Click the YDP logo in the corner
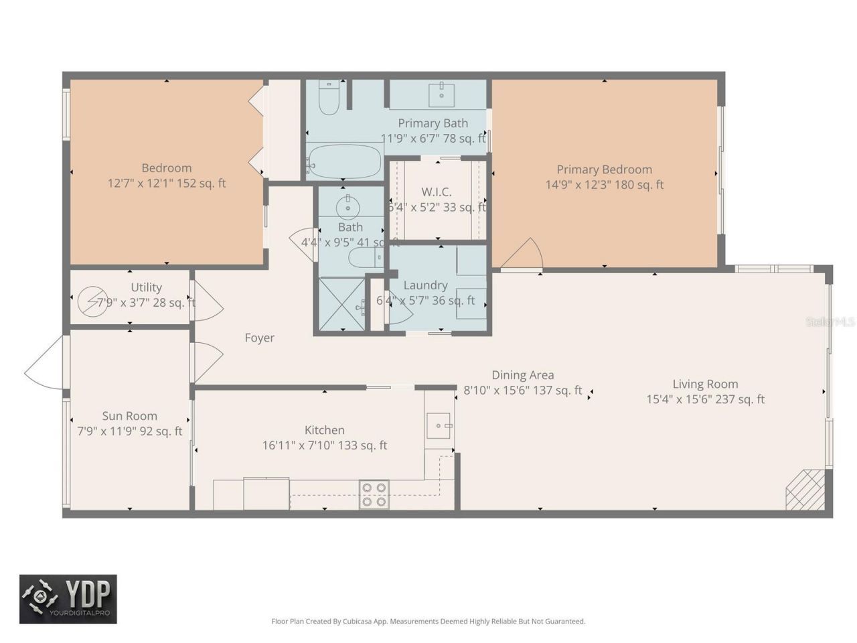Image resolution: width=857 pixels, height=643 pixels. coord(68,599)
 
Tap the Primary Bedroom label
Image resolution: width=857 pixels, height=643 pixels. coord(604,169)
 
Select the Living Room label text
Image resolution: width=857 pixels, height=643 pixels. coord(705,384)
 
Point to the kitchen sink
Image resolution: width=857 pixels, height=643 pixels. coord(439,425)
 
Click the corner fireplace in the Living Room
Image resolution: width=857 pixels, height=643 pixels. coord(805,490)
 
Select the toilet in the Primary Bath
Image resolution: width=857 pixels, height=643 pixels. coord(329,98)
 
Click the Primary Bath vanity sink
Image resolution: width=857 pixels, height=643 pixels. coord(441,94)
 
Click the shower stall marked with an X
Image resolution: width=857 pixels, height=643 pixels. coord(341,305)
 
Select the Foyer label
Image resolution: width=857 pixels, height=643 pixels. coord(259,338)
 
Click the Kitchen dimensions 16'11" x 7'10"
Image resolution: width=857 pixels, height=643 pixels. coord(325,445)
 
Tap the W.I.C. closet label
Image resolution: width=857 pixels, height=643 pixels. coord(436,192)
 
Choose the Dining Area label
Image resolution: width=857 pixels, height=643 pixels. coord(522,375)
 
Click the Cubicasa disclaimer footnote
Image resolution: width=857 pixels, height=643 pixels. coord(428,621)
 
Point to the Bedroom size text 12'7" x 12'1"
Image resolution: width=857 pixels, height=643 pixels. coord(167,183)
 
